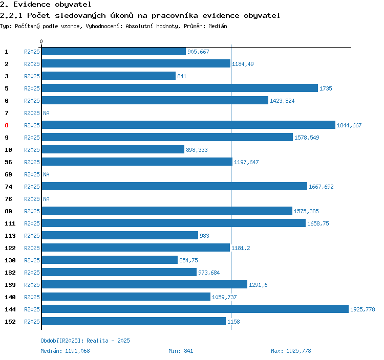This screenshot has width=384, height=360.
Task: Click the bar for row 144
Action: coord(195,309)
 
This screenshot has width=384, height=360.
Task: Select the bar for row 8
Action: coord(188,125)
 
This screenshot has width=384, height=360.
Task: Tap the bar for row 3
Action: coord(108,76)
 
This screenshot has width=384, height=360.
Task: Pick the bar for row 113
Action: coord(119,235)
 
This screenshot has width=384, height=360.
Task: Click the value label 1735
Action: coord(326,88)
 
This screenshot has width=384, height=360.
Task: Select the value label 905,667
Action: coord(198,52)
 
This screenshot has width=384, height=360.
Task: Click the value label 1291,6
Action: coord(258,285)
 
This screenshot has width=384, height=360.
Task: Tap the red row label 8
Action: coord(7,125)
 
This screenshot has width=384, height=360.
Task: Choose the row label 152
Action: coord(10,322)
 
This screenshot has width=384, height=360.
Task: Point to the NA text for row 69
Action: coord(46,174)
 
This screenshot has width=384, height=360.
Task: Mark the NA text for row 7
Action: coord(46,113)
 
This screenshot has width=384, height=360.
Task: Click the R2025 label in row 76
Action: coord(32,199)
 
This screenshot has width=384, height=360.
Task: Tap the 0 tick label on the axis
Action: coord(41,41)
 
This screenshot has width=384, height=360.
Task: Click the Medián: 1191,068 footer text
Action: coord(65,351)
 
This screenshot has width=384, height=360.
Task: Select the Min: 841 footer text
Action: coord(181,351)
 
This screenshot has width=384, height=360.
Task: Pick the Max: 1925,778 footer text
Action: coord(291,351)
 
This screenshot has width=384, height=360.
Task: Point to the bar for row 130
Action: coord(109,260)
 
